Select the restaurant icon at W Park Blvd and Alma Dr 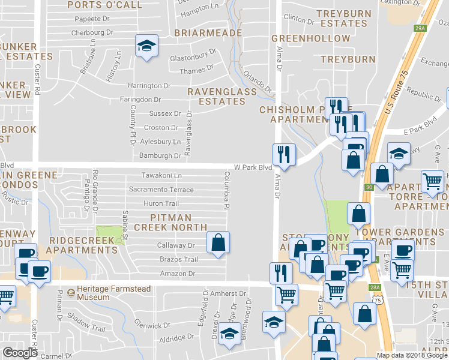pos(283,154)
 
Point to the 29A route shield pos(420,28)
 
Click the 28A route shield pos(375,288)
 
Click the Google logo pos(20,353)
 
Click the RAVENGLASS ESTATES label pos(216,96)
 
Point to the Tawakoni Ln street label pos(161,175)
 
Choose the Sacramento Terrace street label pos(161,190)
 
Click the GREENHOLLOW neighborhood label pos(310,38)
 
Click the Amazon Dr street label pos(178,274)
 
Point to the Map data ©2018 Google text pos(412,355)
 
